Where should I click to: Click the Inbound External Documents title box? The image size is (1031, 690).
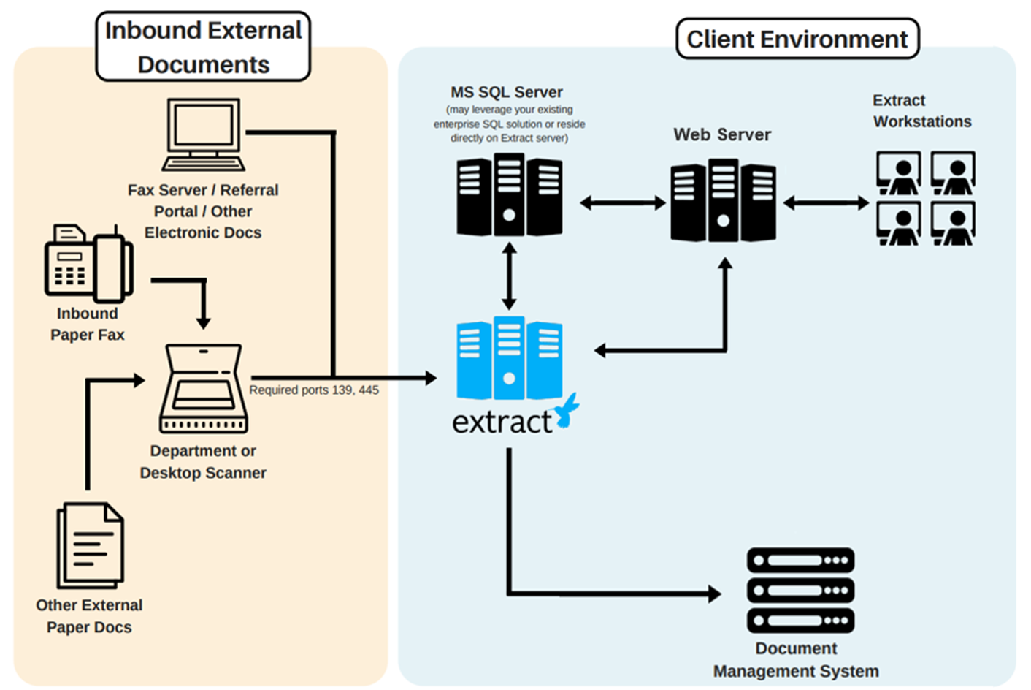203,47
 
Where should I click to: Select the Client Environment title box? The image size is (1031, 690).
797,39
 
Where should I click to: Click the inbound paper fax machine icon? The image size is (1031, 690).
88,263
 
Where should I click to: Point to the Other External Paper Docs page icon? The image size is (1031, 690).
91,545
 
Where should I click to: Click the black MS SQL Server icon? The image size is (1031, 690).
509,195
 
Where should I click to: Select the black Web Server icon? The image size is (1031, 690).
723,201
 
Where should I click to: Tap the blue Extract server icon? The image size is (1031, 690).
509,358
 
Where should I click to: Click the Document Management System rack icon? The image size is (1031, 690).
800,591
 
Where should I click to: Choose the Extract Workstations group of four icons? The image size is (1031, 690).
925,198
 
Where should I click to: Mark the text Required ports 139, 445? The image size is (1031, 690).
314,390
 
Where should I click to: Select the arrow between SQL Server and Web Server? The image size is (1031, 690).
623,202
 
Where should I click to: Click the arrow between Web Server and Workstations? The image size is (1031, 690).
825,202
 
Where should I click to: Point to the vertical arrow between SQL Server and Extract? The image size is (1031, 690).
509,276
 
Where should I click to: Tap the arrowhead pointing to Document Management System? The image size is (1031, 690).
713,594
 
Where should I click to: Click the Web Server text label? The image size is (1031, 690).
722,134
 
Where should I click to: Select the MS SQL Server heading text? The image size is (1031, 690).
507,92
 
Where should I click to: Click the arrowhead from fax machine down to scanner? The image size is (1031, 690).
204,322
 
